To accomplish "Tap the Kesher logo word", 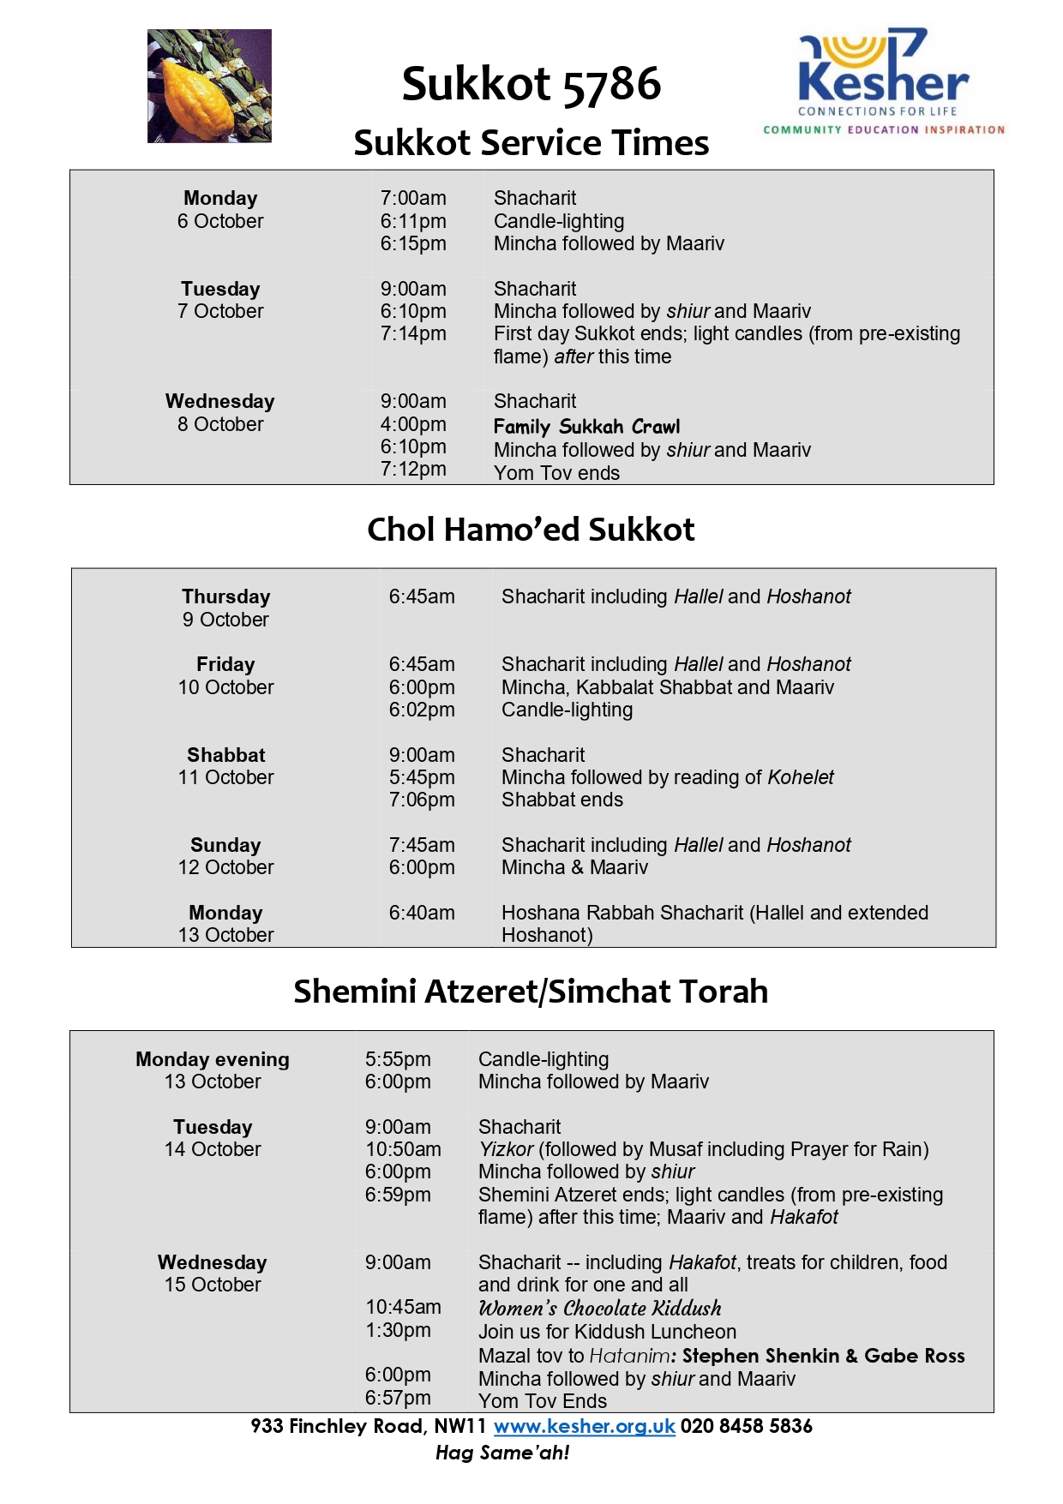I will [x=883, y=81].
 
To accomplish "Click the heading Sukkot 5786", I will [x=531, y=84].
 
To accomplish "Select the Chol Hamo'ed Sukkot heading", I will [x=531, y=530].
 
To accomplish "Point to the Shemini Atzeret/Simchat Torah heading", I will [x=531, y=992].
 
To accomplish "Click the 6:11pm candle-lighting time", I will [x=413, y=221].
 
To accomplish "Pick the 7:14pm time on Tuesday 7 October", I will [x=413, y=333].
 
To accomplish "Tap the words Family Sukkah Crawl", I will [x=586, y=427].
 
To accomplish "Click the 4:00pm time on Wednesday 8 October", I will [x=413, y=424].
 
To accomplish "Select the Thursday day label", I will [x=225, y=596].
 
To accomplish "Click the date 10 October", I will [x=225, y=687].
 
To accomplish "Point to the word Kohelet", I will [x=801, y=777].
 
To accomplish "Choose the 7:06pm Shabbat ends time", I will [x=422, y=800].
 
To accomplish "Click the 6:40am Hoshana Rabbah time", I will [x=422, y=913].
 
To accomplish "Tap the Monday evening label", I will [x=213, y=1059].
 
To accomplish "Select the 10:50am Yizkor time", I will [x=403, y=1149].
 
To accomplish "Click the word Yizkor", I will [x=506, y=1149].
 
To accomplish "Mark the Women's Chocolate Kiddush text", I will [x=600, y=1308].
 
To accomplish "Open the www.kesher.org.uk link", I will [x=585, y=1426].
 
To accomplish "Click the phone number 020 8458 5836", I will [x=747, y=1426].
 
